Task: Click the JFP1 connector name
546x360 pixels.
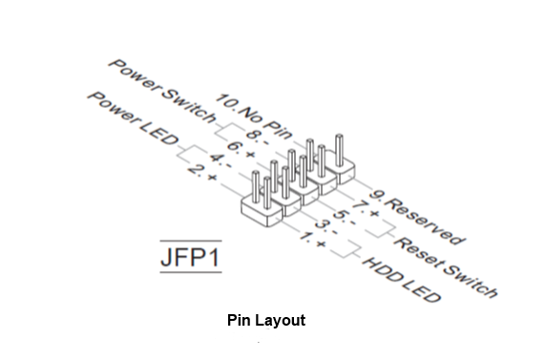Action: click(x=191, y=257)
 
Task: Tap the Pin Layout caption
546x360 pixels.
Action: click(x=266, y=320)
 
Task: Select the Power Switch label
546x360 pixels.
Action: click(x=162, y=92)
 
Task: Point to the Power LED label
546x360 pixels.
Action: click(x=133, y=118)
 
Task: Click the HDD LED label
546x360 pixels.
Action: click(x=402, y=280)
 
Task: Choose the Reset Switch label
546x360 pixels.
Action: click(x=446, y=267)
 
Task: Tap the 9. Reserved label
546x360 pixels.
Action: click(x=417, y=217)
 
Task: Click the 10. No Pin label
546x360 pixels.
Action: click(x=253, y=116)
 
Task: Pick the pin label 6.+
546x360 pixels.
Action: click(x=241, y=149)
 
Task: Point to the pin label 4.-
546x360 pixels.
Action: click(x=220, y=160)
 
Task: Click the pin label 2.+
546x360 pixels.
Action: click(x=202, y=172)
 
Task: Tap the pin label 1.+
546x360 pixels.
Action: click(x=312, y=240)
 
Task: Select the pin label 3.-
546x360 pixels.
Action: click(x=326, y=227)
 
